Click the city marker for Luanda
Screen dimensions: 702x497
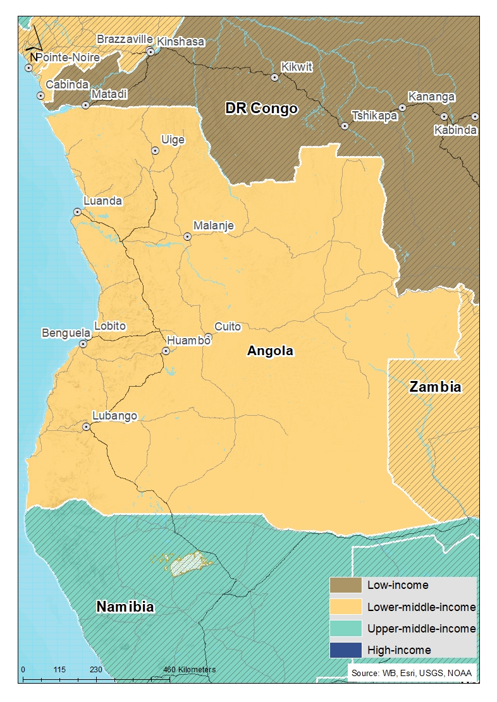(x=77, y=212)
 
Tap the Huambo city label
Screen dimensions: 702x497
(x=188, y=340)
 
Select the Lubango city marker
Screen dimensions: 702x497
(x=87, y=427)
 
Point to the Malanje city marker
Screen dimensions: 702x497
(x=187, y=236)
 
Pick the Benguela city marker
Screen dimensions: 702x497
(x=83, y=344)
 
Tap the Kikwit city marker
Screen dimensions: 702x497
(x=274, y=78)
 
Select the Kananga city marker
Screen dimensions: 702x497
(x=402, y=107)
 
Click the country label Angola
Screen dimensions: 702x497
(x=271, y=351)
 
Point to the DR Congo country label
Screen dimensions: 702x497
(x=261, y=109)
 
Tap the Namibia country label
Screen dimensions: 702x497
(x=125, y=607)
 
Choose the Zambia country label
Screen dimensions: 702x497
(x=435, y=387)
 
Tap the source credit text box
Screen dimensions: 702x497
(x=411, y=673)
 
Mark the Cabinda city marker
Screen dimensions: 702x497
(x=40, y=95)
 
